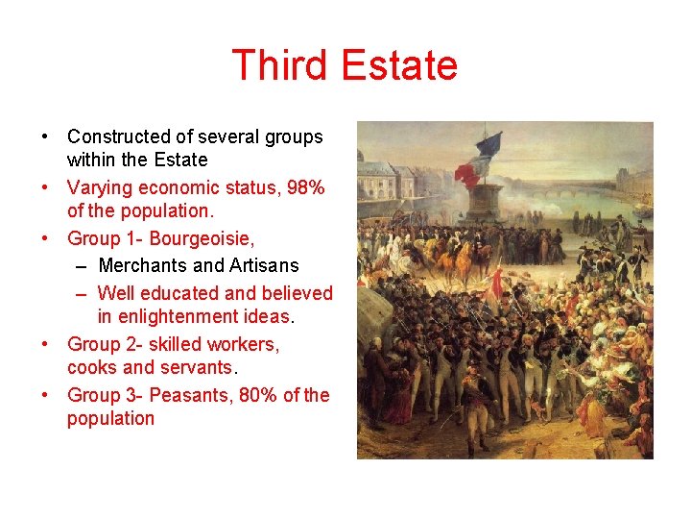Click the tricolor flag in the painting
tap(481, 159)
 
